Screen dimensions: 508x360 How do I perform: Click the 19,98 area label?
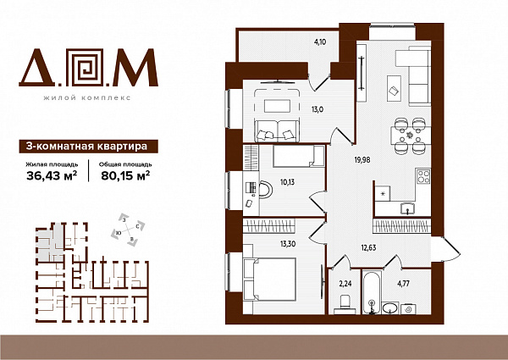pyautogui.click(x=362, y=159)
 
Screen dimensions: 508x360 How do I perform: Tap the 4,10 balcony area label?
pyautogui.click(x=320, y=42)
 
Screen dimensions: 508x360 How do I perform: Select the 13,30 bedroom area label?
pyautogui.click(x=288, y=244)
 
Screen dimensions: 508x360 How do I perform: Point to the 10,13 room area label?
pyautogui.click(x=287, y=182)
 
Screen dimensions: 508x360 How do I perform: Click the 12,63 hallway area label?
pyautogui.click(x=368, y=248)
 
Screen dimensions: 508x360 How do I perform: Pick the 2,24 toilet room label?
pyautogui.click(x=345, y=284)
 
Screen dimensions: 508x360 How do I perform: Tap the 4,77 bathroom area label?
pyautogui.click(x=403, y=284)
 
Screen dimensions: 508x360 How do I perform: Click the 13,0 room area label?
pyautogui.click(x=317, y=109)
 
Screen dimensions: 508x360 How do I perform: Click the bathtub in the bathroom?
pyautogui.click(x=372, y=292)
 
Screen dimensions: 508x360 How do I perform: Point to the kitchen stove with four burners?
pyautogui.click(x=423, y=176)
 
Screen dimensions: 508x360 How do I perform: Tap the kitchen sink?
pyautogui.click(x=407, y=208)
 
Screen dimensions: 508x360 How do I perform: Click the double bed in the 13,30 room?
pyautogui.click(x=269, y=280)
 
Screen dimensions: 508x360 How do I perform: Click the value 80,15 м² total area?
pyautogui.click(x=125, y=175)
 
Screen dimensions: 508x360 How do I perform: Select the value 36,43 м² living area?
pyautogui.click(x=52, y=175)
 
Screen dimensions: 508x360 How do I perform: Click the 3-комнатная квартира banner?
pyautogui.click(x=88, y=147)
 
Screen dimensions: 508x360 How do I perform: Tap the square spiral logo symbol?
pyautogui.click(x=87, y=68)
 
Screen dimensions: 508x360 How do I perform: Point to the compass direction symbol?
pyautogui.click(x=128, y=230)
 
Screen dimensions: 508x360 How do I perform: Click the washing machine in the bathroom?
pyautogui.click(x=408, y=309)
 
